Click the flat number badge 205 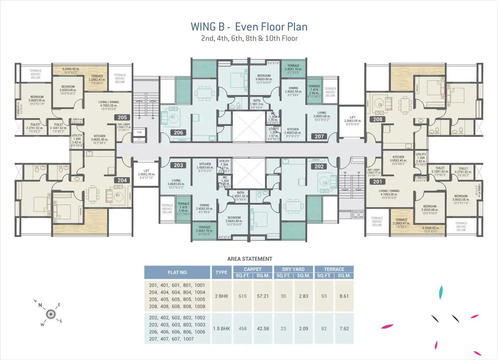pyautogui.click(x=122, y=117)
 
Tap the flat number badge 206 pyautogui.click(x=178, y=133)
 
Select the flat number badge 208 pyautogui.click(x=378, y=120)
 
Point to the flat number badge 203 pyautogui.click(x=178, y=165)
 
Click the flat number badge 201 pyautogui.click(x=378, y=182)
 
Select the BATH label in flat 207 pyautogui.click(x=257, y=101)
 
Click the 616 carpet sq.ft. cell pyautogui.click(x=243, y=296)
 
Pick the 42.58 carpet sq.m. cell pyautogui.click(x=263, y=329)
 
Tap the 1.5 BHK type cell pyautogui.click(x=221, y=329)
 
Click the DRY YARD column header pyautogui.click(x=293, y=269)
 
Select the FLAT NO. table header pyautogui.click(x=177, y=272)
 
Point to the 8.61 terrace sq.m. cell pyautogui.click(x=344, y=296)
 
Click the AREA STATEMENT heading pyautogui.click(x=250, y=259)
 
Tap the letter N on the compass pyautogui.click(x=40, y=305)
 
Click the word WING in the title pyautogui.click(x=203, y=27)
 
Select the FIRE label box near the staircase pyautogui.click(x=139, y=132)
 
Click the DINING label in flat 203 pyautogui.click(x=204, y=205)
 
